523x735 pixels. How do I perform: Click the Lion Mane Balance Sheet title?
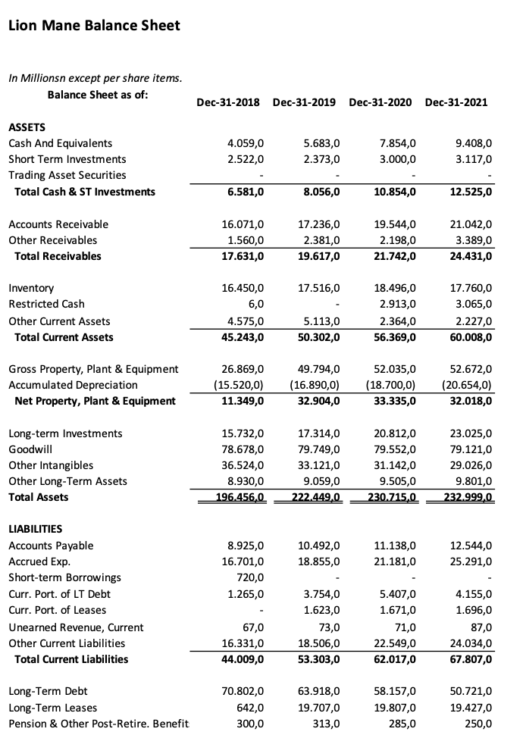94,26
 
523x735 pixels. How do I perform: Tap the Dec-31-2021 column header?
456,102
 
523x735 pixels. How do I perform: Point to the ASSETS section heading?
27,127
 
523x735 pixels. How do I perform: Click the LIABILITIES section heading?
35,529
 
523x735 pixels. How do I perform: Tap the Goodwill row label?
30,449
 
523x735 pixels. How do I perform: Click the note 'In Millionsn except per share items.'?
95,78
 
